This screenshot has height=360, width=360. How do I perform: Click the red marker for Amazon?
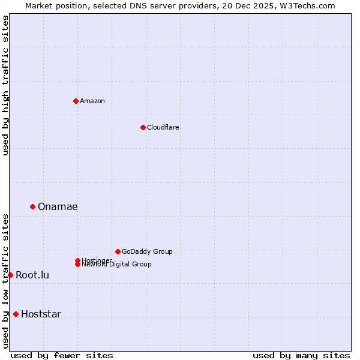click(76, 101)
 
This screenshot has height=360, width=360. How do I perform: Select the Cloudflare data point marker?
click(143, 127)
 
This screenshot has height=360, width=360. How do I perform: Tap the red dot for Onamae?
click(32, 206)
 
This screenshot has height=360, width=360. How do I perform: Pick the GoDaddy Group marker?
click(118, 251)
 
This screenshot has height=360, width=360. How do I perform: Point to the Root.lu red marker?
click(10, 275)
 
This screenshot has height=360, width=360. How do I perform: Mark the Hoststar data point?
click(16, 314)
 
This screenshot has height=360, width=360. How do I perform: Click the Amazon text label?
click(92, 101)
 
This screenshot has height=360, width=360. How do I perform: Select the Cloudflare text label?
click(163, 127)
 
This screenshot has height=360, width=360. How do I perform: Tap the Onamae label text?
click(58, 206)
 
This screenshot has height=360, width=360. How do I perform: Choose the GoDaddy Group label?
click(147, 251)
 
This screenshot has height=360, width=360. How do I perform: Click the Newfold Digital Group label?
click(116, 265)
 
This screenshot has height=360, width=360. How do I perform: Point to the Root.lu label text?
click(32, 275)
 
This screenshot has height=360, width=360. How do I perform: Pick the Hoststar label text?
click(41, 314)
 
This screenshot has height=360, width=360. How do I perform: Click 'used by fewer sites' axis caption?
click(62, 355)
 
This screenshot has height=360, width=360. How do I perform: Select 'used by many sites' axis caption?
click(301, 355)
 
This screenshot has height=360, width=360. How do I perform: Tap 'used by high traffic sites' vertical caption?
click(5, 86)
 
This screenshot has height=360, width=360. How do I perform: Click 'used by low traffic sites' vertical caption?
click(5, 280)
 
